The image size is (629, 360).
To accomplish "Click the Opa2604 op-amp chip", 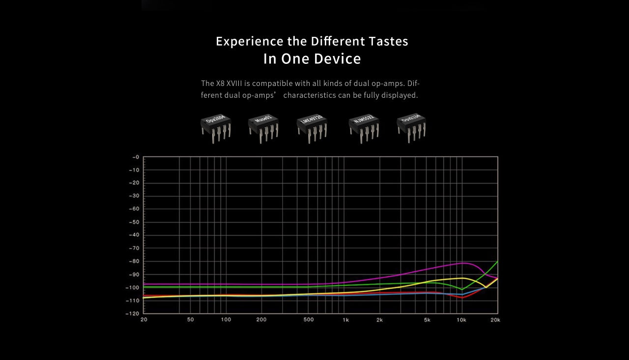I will [x=215, y=128].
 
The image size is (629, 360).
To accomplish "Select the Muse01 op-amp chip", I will [x=263, y=128].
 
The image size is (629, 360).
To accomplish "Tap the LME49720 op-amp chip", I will [x=312, y=128].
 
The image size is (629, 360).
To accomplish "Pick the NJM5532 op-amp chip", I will [x=364, y=128].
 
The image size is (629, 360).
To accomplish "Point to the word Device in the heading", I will [x=337, y=59].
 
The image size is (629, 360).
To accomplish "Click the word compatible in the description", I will [x=279, y=83].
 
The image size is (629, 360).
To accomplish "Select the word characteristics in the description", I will [x=309, y=95].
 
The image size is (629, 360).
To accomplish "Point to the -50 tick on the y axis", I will [x=134, y=222].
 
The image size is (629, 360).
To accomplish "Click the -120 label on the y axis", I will [x=133, y=313].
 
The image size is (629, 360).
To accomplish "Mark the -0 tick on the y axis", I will [x=136, y=157].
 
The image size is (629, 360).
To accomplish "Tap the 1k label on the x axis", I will [x=346, y=320].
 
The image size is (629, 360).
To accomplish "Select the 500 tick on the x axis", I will [x=308, y=320].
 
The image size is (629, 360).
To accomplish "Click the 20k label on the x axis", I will [x=495, y=320].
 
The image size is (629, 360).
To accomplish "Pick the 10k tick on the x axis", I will [x=461, y=320].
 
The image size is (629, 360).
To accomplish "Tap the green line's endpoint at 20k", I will [x=497, y=262].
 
